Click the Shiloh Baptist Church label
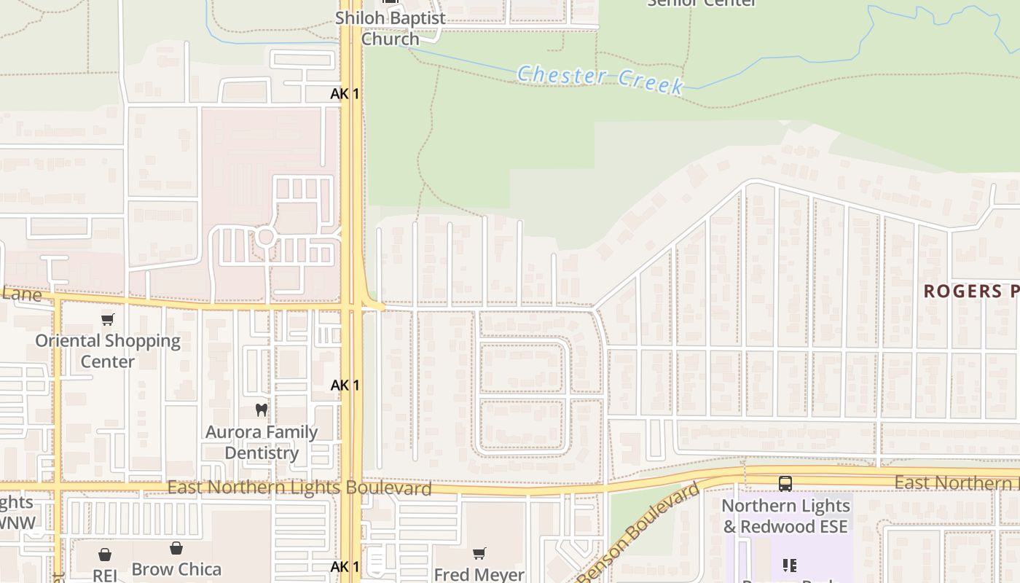[390, 28]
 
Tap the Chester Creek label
[600, 79]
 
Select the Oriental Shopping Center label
[108, 351]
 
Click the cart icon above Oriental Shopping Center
[108, 319]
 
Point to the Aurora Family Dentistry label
[262, 442]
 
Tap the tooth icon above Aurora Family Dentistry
[262, 410]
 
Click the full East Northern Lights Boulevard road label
[299, 488]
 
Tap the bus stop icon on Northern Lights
[785, 483]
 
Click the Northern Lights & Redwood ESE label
[785, 516]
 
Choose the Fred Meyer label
[479, 574]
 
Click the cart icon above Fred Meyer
[479, 554]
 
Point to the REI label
[105, 575]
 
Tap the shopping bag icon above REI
[105, 555]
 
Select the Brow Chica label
[176, 569]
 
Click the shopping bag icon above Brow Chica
[176, 549]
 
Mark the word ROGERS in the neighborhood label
[962, 291]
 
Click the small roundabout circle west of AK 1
[265, 237]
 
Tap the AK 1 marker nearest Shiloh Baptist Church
[345, 94]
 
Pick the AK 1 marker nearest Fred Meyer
[345, 566]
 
